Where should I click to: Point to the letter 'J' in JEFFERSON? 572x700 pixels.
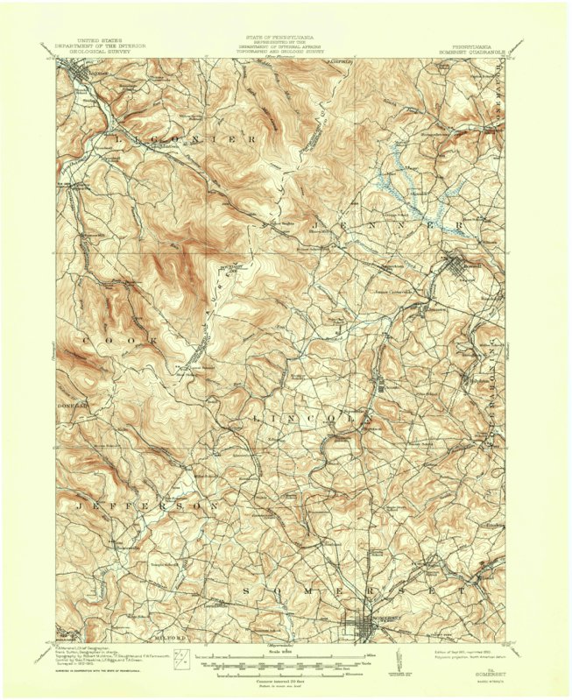[79, 506]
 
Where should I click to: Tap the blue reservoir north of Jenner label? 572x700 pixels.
[399, 180]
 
